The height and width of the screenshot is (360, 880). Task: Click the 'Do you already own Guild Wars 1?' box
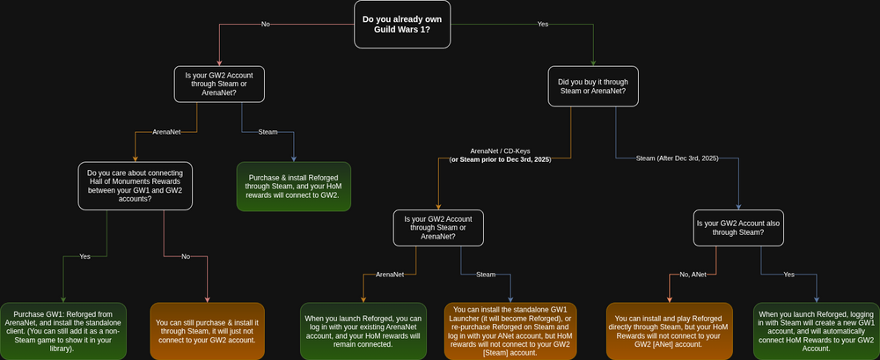[x=402, y=24]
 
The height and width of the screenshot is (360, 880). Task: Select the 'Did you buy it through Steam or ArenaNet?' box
[x=593, y=86]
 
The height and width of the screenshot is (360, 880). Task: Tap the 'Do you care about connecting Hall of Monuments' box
[x=136, y=186]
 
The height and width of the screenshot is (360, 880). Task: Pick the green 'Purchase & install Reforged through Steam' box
[x=294, y=187]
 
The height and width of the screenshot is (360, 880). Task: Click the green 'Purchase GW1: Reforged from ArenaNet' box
[x=63, y=331]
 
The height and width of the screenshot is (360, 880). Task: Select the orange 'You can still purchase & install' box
[x=207, y=331]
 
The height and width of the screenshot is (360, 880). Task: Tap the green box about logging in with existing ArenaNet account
[x=363, y=331]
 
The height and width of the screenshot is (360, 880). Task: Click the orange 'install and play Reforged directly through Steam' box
[x=670, y=331]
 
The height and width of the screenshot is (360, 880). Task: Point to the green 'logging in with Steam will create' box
[x=817, y=331]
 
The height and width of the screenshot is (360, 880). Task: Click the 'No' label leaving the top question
[x=266, y=24]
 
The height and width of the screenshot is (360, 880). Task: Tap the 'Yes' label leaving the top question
[x=543, y=24]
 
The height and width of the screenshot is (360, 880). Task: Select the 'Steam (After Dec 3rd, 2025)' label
[x=677, y=159]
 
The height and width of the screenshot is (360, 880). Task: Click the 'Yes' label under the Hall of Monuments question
[x=84, y=256]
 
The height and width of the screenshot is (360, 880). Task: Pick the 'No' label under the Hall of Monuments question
[x=186, y=256]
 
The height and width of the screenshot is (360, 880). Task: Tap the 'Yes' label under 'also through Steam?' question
[x=789, y=275]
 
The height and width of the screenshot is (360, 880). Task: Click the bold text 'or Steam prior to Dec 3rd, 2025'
[x=501, y=159]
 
